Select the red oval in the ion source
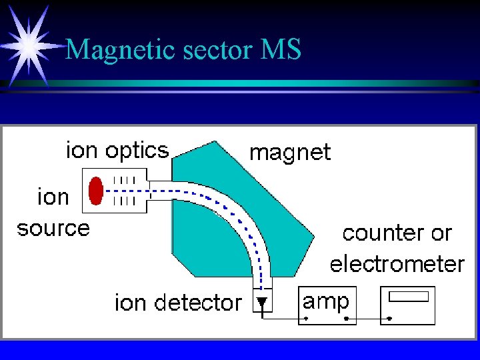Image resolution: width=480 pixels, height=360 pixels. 96,190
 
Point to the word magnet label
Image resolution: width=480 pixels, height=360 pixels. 289,153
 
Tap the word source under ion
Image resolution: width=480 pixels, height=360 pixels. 53,229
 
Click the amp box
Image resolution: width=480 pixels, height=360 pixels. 327,305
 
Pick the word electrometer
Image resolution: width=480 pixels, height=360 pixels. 397,264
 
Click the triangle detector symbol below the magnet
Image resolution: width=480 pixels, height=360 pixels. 262,303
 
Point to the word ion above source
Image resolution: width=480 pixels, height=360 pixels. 53,197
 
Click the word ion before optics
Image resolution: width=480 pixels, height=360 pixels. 81,151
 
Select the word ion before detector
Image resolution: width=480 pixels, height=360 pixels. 130,303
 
